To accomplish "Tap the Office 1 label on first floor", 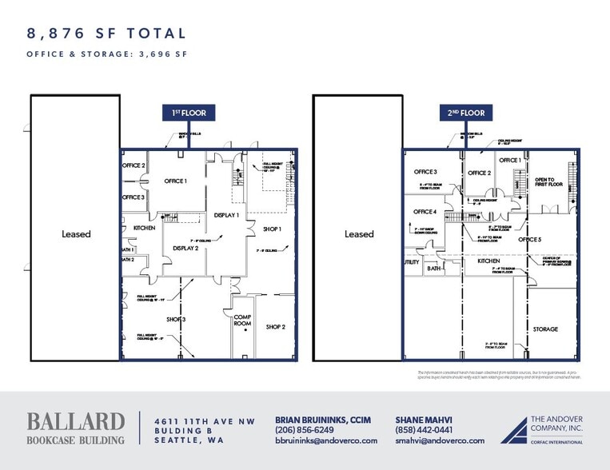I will point(175,181).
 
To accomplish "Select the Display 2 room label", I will point(185,249).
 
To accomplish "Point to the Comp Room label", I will point(243,320).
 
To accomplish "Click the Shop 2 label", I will point(276,326).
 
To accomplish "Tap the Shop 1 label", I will point(273,229).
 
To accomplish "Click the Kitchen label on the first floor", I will point(145,229).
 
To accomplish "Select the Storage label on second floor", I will point(545,329).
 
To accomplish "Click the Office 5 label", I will point(529,240).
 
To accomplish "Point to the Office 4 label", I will point(425,212).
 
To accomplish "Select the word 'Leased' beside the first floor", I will point(77,234).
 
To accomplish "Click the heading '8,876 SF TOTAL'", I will point(107,34).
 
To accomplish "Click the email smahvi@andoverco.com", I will point(440,440).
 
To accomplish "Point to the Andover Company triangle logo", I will point(515,432).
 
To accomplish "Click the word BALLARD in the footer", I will point(76,421).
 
